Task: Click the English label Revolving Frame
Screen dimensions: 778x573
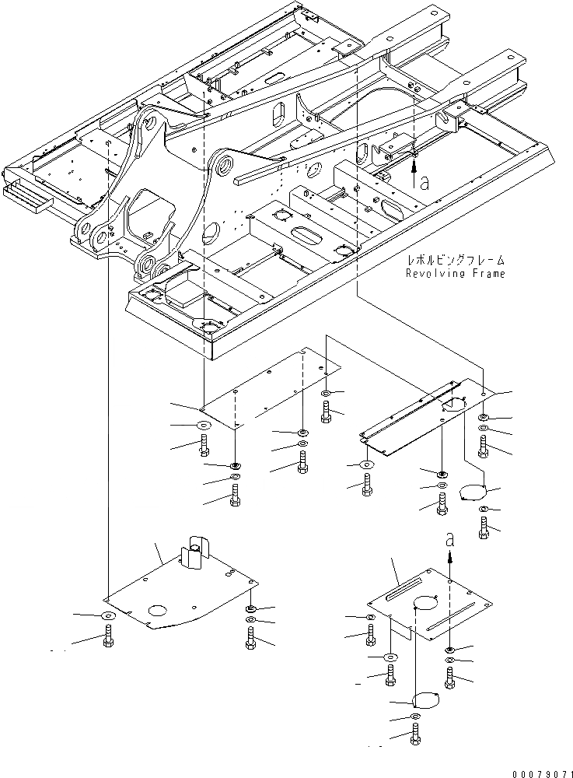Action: (x=456, y=273)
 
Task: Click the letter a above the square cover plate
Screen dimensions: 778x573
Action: (x=450, y=538)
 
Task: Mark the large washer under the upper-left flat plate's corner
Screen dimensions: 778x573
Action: (x=204, y=426)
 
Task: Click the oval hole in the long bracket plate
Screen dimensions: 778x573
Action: (x=452, y=404)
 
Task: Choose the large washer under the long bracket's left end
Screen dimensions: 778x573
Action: (x=366, y=464)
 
